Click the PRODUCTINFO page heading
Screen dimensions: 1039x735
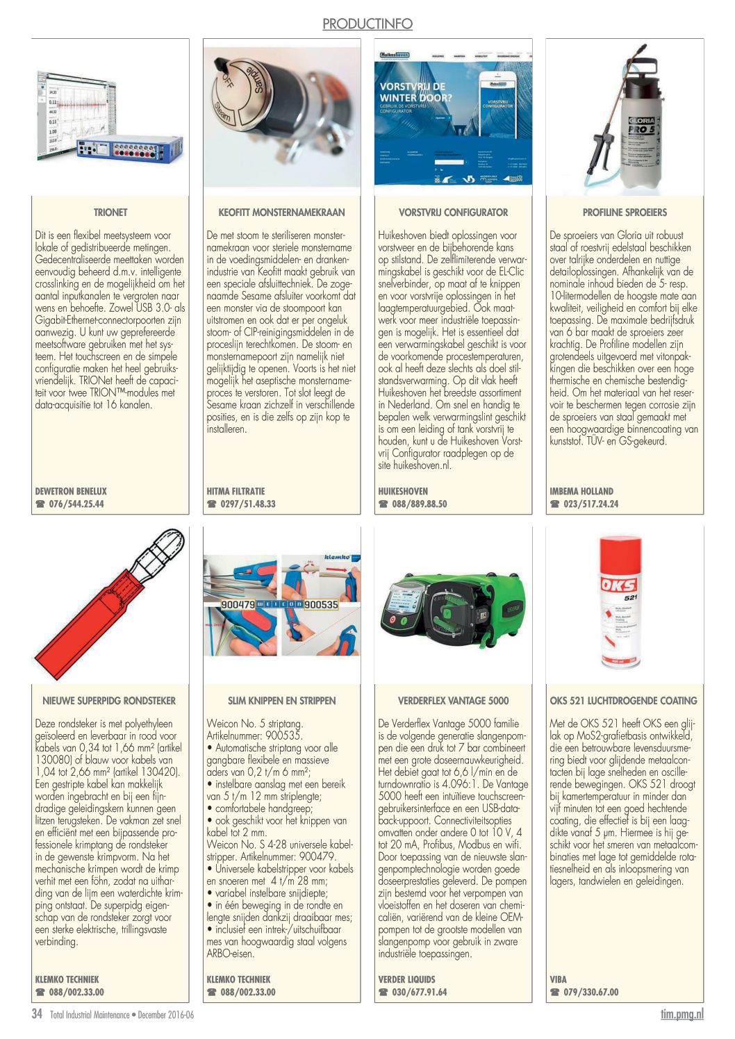(x=367, y=24)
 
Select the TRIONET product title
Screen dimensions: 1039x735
(x=110, y=213)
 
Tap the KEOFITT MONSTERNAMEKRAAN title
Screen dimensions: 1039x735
(x=281, y=213)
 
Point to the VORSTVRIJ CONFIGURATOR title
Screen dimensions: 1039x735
(x=453, y=213)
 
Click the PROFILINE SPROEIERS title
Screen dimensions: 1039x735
(x=625, y=213)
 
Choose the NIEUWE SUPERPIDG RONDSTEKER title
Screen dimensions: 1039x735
(x=110, y=701)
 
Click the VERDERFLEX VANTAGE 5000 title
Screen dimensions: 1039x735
(x=453, y=701)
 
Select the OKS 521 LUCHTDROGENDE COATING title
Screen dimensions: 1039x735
(x=624, y=701)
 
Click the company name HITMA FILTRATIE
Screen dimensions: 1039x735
(x=236, y=491)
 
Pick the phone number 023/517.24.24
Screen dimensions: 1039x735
(x=591, y=504)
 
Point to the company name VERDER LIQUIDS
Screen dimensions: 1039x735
(x=407, y=979)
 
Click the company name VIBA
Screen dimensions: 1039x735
(x=558, y=979)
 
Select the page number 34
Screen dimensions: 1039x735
(x=37, y=1014)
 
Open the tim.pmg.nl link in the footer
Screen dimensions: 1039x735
(x=682, y=1015)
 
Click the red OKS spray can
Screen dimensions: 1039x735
(x=620, y=601)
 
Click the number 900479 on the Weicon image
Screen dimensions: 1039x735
(x=238, y=604)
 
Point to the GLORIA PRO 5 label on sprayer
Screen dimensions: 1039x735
(x=640, y=126)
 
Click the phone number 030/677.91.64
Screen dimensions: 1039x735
(x=419, y=992)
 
